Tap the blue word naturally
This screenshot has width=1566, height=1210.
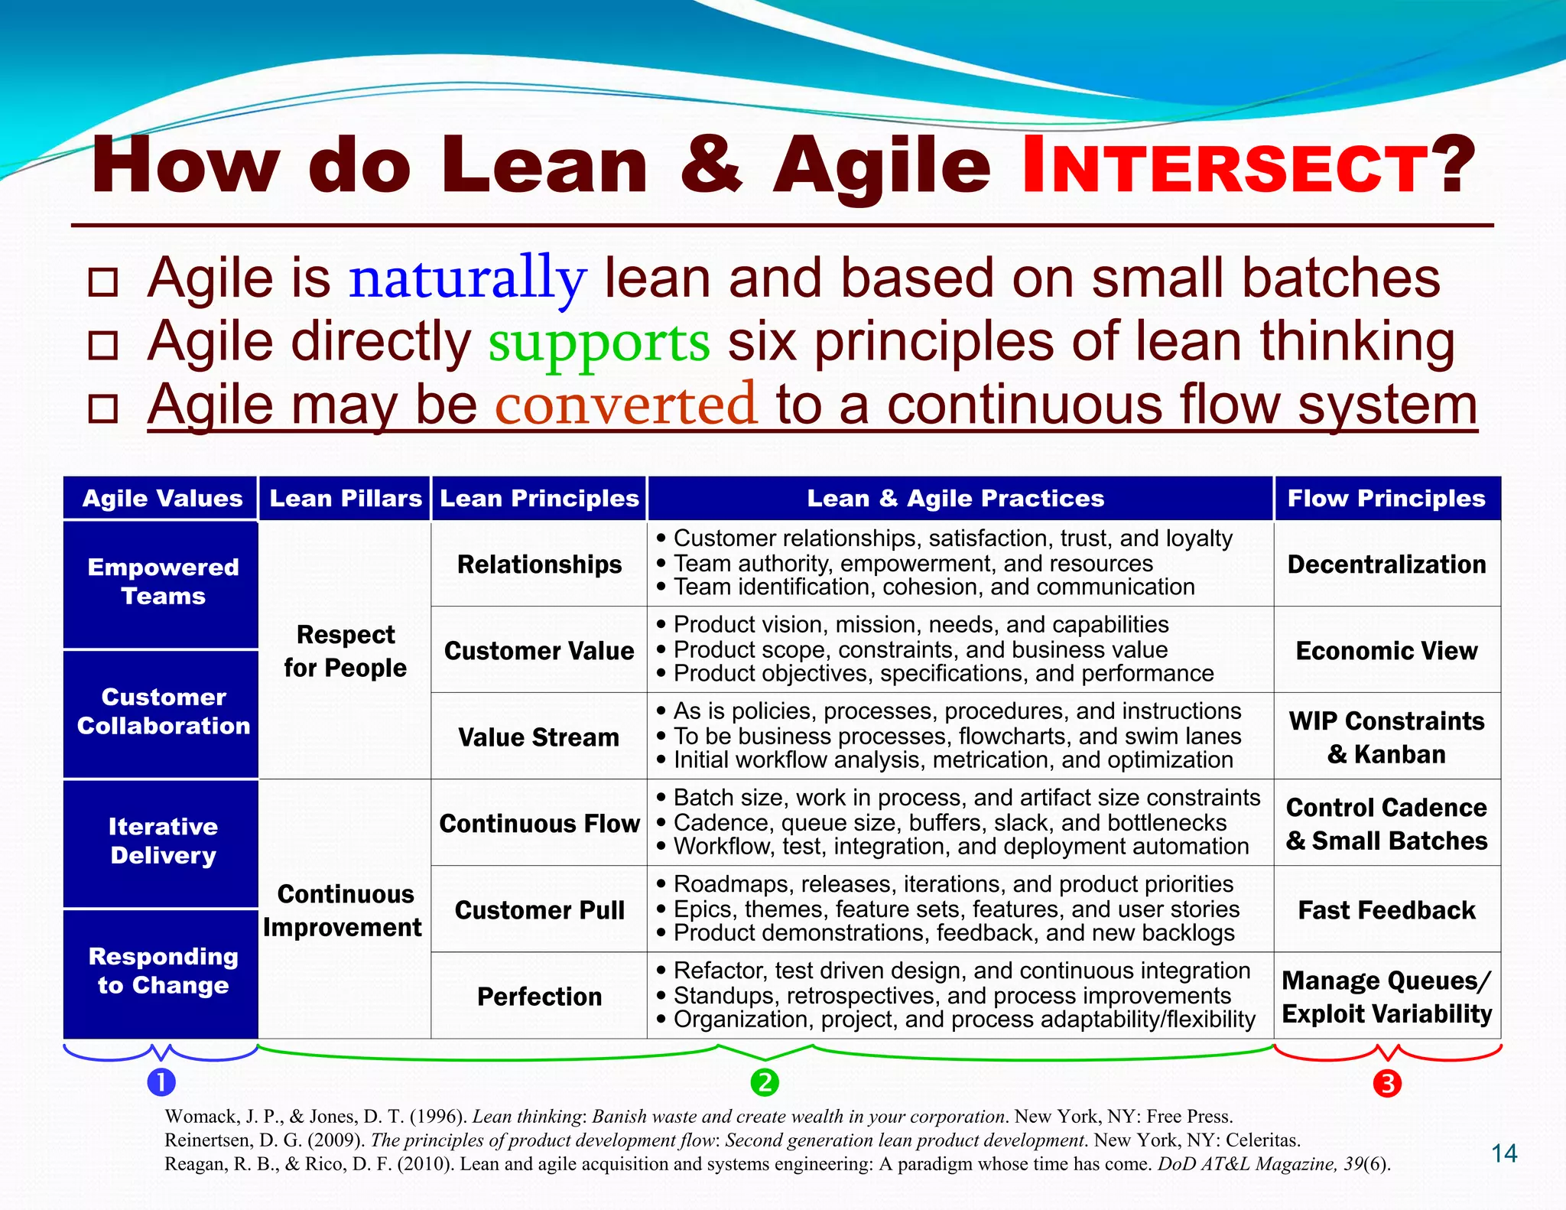[x=467, y=278]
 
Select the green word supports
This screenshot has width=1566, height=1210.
[x=599, y=342]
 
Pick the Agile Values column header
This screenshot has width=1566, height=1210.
[x=161, y=499]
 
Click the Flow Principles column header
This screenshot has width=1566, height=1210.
[x=1386, y=499]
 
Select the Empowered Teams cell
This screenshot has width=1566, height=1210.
[x=161, y=582]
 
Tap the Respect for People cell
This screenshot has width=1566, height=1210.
[x=345, y=651]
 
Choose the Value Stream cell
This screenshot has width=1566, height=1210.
[x=538, y=737]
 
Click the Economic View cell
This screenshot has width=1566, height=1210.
[x=1386, y=651]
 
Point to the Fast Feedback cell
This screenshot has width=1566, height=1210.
[x=1386, y=910]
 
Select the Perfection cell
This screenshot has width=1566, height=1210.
[x=538, y=997]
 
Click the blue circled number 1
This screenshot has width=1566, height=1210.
[x=161, y=1082]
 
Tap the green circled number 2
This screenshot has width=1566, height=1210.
[x=764, y=1082]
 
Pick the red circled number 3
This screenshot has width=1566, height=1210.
[x=1387, y=1083]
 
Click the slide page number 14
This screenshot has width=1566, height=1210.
[x=1504, y=1153]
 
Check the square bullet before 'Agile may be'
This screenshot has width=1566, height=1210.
[x=103, y=408]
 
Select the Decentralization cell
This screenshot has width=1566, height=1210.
[x=1386, y=564]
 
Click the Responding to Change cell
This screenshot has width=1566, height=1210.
[x=161, y=971]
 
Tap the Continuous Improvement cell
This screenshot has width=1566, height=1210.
[x=345, y=910]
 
